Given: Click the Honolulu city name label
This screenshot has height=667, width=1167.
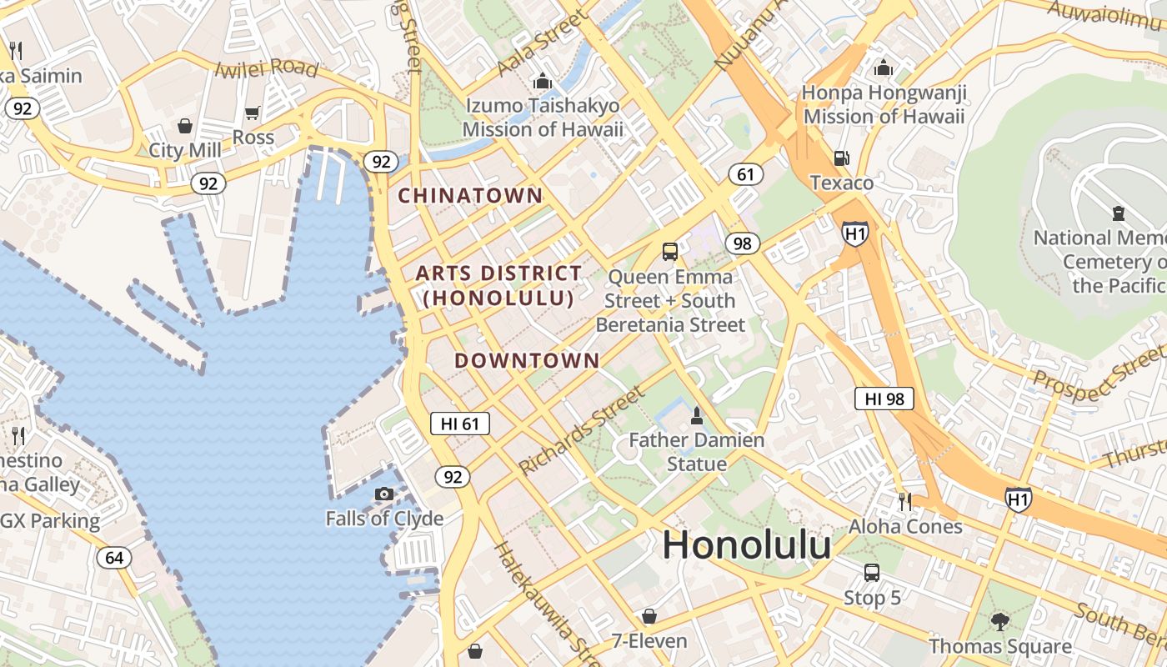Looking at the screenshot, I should [x=746, y=546].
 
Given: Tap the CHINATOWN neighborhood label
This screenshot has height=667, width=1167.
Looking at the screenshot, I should [x=470, y=196].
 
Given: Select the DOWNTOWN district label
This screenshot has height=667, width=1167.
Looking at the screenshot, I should [x=527, y=360].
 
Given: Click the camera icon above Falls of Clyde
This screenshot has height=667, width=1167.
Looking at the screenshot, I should [x=384, y=494].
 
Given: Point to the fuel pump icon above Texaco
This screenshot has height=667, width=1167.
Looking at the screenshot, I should [x=842, y=158].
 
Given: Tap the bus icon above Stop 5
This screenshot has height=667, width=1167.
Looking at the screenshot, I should [x=872, y=573].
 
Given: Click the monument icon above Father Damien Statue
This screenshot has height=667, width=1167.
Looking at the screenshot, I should [x=697, y=415].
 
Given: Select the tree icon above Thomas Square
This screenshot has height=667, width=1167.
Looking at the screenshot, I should [x=999, y=621].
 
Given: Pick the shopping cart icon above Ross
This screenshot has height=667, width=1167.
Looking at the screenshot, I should [x=253, y=113].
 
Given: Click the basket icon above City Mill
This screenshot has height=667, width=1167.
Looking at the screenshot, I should [x=185, y=126].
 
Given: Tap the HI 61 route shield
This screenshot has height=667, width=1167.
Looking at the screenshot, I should [x=459, y=424].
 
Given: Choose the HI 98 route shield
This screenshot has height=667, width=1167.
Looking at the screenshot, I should [x=884, y=399].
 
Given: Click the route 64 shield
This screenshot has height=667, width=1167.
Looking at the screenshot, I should [x=113, y=558].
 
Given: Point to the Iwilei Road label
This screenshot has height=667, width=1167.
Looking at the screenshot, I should [x=267, y=68].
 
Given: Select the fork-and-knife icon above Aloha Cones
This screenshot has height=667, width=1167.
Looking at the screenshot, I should [x=905, y=501].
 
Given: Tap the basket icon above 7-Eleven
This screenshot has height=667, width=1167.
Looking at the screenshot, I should [x=649, y=616].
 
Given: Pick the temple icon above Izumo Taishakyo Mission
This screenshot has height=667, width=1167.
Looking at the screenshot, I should [x=543, y=81].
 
